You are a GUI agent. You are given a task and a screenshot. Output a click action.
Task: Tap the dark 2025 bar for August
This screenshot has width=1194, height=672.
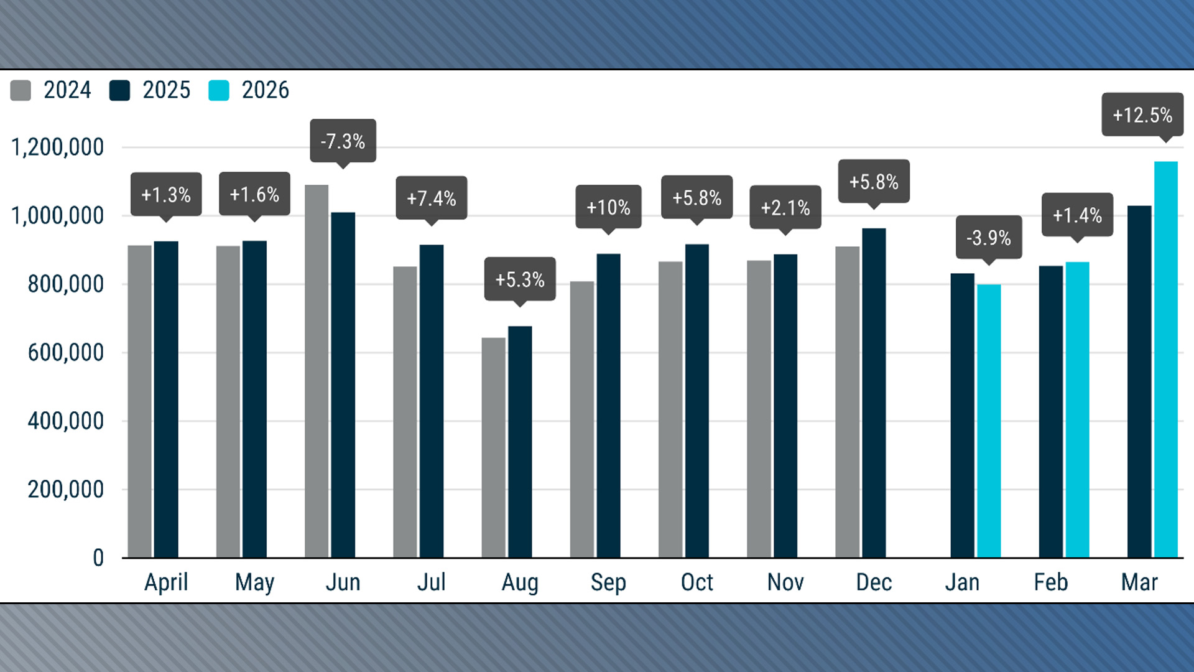[520, 442]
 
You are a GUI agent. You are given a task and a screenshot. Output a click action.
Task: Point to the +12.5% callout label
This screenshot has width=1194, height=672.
[1142, 115]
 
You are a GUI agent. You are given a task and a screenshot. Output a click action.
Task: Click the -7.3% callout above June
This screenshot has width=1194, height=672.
[343, 141]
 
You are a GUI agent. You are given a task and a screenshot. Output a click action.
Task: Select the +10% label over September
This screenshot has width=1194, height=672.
[608, 207]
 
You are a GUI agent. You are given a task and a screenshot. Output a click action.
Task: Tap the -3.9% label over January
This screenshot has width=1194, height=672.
[989, 237]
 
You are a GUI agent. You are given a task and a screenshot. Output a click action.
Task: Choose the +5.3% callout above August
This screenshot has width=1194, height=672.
[520, 279]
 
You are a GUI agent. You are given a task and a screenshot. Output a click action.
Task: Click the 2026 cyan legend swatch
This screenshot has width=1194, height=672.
[219, 90]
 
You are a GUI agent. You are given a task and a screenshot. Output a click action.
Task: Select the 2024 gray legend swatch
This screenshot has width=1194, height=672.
[21, 90]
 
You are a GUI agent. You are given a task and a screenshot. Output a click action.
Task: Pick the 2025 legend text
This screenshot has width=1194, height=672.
[166, 90]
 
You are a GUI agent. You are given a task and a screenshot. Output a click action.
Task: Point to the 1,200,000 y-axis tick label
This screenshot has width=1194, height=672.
[57, 147]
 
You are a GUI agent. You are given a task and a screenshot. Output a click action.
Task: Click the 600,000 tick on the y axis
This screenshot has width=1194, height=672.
[65, 353]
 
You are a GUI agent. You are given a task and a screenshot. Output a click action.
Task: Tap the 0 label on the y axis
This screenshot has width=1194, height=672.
[98, 558]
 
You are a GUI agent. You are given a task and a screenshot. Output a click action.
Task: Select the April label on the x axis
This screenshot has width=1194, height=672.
[166, 582]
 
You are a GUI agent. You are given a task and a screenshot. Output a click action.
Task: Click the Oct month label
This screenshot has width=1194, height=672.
[696, 582]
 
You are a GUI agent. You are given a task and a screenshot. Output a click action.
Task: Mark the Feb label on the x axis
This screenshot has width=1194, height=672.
[1050, 582]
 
